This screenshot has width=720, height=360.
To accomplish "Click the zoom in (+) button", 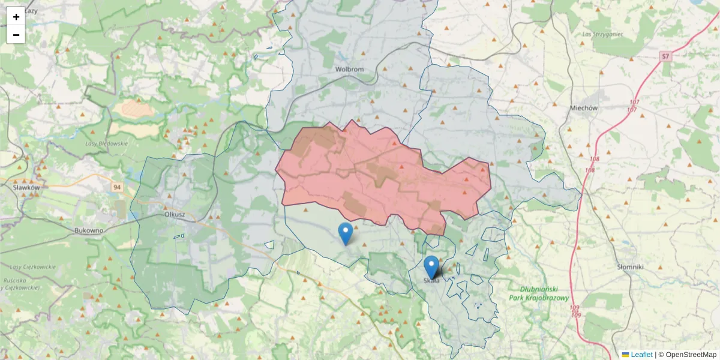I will pyautogui.click(x=16, y=17).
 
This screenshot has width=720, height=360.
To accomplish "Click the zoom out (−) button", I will pyautogui.click(x=16, y=35).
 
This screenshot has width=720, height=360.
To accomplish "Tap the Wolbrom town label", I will pyautogui.click(x=350, y=69).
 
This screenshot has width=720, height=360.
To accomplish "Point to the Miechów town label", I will pyautogui.click(x=583, y=108).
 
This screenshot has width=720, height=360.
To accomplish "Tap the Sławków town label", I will pyautogui.click(x=26, y=187).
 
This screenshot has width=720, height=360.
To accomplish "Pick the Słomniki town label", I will pyautogui.click(x=630, y=266).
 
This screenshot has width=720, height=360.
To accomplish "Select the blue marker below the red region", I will pyautogui.click(x=346, y=233).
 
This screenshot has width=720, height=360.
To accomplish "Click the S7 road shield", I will pyautogui.click(x=665, y=56).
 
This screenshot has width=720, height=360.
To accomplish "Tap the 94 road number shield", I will pyautogui.click(x=116, y=188).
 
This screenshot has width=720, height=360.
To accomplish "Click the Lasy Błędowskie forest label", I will pyautogui.click(x=107, y=143).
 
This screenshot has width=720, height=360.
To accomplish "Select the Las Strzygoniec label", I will pyautogui.click(x=600, y=34).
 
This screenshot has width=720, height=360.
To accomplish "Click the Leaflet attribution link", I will pyautogui.click(x=641, y=355).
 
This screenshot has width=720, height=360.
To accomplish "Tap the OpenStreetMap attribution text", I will pyautogui.click(x=691, y=355).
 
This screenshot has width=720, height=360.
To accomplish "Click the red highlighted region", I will pyautogui.click(x=372, y=174).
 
